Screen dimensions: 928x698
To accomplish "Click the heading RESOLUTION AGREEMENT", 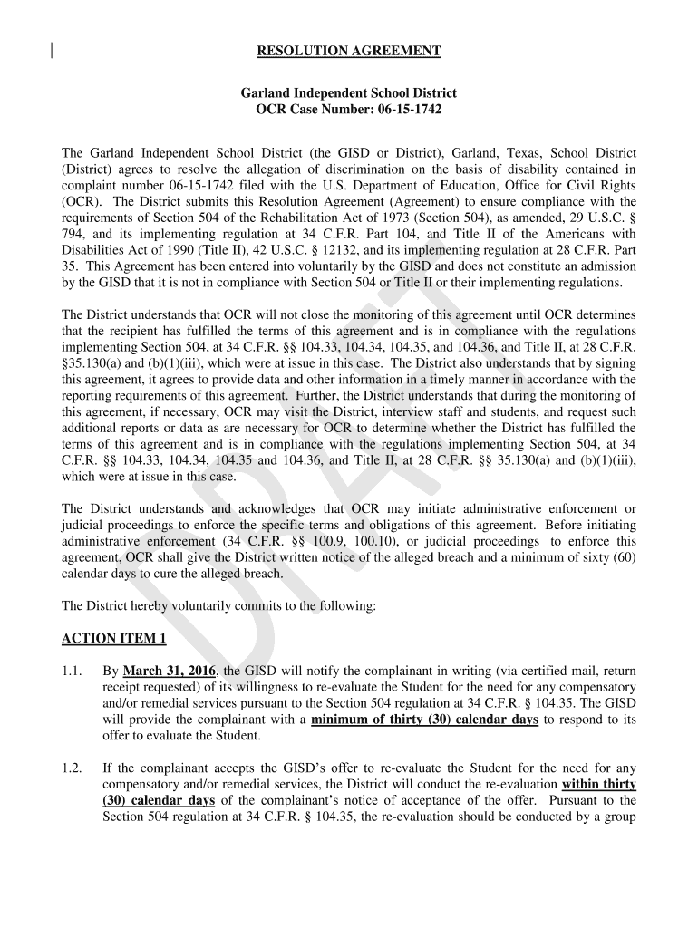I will coord(349,52).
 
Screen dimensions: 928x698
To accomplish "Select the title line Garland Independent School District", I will coord(349,93).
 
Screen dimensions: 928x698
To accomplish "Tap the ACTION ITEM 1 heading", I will coord(113,639).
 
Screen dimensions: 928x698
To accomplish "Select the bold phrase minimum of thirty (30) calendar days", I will coord(424,720).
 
